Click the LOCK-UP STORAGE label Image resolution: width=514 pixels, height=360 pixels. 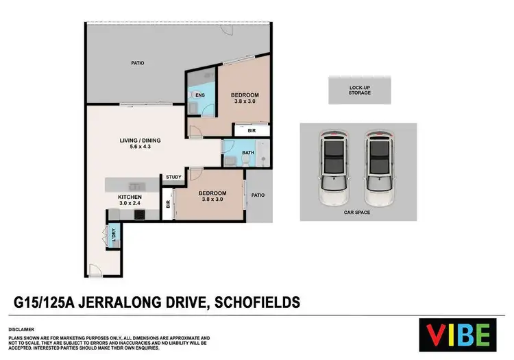tap(360, 90)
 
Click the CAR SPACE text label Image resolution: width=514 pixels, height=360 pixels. tap(358, 213)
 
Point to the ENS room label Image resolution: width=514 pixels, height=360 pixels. tap(199, 95)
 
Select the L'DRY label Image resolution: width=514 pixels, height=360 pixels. tap(114, 234)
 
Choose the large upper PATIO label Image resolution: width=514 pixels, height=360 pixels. tap(138, 63)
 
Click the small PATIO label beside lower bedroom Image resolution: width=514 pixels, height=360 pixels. tap(258, 195)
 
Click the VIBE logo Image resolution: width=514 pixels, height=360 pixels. tap(458, 335)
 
